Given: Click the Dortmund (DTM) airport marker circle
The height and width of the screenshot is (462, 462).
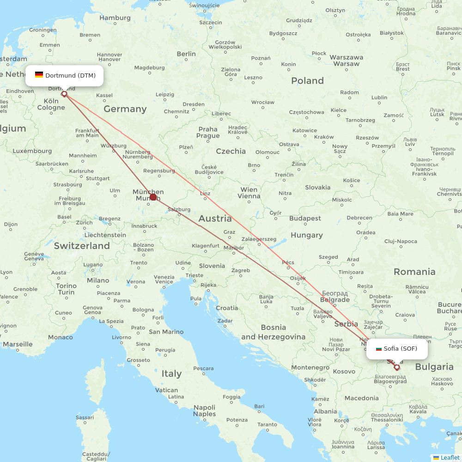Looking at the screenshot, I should tap(64, 94).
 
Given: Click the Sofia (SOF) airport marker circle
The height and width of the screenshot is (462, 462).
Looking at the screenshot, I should tap(397, 367).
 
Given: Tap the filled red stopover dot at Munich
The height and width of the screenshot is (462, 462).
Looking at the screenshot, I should tap(153, 197).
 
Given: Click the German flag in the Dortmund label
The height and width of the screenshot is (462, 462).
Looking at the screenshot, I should tap(39, 75).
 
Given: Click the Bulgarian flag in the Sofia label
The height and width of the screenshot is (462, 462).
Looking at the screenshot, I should tap(379, 349).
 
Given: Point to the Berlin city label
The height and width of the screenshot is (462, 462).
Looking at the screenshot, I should tap(186, 54).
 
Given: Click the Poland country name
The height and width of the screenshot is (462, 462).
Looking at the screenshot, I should tap(307, 81).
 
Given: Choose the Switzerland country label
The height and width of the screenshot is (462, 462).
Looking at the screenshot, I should tap(82, 246).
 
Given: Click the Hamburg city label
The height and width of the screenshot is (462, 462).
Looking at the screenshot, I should tap(115, 18).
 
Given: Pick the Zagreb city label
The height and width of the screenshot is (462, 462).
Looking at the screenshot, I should tap(241, 270).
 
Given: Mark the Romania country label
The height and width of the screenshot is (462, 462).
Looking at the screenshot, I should tap(414, 272).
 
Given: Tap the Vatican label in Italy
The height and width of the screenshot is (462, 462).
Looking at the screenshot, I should tap(167, 390).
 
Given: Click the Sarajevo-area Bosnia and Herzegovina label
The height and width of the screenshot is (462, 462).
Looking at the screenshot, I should tap(274, 332).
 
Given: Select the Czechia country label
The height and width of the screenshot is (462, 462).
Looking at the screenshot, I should tap(231, 151).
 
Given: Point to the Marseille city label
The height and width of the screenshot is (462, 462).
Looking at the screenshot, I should tap(18, 344).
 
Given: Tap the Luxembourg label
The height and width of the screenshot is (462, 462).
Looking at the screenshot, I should tap(32, 151).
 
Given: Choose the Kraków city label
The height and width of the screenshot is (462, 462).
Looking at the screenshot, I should tap(323, 137).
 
